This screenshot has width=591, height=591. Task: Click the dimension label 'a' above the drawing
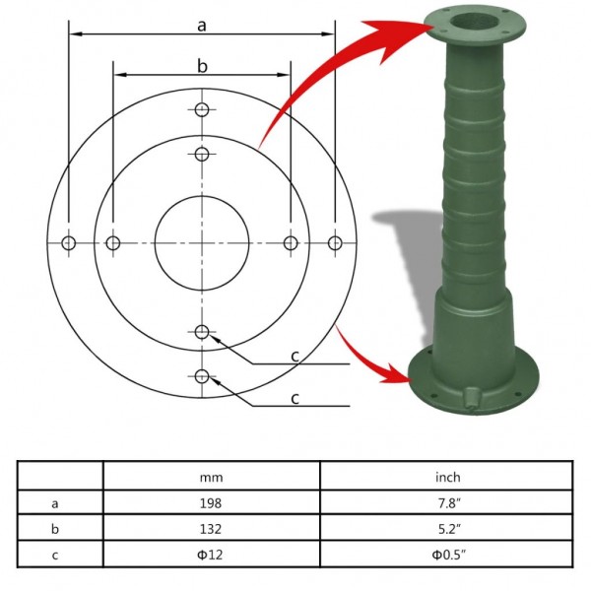point(201,25)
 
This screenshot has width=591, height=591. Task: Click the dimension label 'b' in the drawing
point(201,66)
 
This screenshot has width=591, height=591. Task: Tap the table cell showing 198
point(211,502)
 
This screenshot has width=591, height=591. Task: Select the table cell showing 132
point(211,529)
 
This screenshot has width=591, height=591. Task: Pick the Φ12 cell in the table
point(211,556)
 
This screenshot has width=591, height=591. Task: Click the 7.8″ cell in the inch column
point(447,502)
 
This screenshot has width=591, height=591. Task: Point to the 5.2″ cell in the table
point(447,529)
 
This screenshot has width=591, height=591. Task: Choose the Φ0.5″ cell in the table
point(447,556)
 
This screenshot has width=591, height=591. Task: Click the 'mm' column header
point(211,477)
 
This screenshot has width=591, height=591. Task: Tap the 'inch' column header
point(447,477)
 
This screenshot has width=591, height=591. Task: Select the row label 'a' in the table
point(55,502)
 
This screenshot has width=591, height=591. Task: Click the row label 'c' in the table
point(55,556)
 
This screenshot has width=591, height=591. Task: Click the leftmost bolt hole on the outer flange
point(69,242)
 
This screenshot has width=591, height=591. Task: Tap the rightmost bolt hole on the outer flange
point(335,242)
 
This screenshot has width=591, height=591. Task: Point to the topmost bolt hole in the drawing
point(202,109)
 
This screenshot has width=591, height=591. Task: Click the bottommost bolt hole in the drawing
point(202,375)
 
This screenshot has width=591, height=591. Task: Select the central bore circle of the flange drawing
point(202,242)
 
